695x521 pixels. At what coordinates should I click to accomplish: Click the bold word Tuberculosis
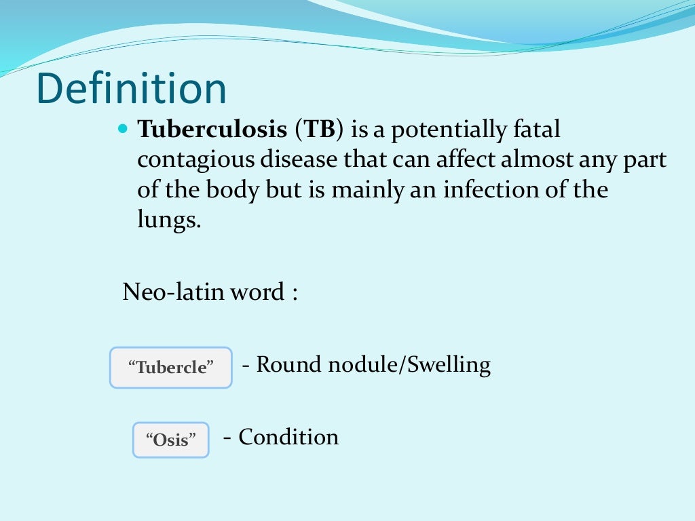click(x=212, y=130)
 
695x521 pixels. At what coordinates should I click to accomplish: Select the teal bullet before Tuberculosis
click(x=123, y=128)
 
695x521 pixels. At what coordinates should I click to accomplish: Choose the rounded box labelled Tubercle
click(x=171, y=368)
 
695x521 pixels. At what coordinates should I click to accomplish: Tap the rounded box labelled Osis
click(x=170, y=440)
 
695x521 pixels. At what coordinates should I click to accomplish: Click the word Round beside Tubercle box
click(x=290, y=365)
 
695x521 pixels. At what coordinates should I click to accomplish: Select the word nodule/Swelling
click(x=409, y=365)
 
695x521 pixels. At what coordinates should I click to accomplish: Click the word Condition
click(x=288, y=437)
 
